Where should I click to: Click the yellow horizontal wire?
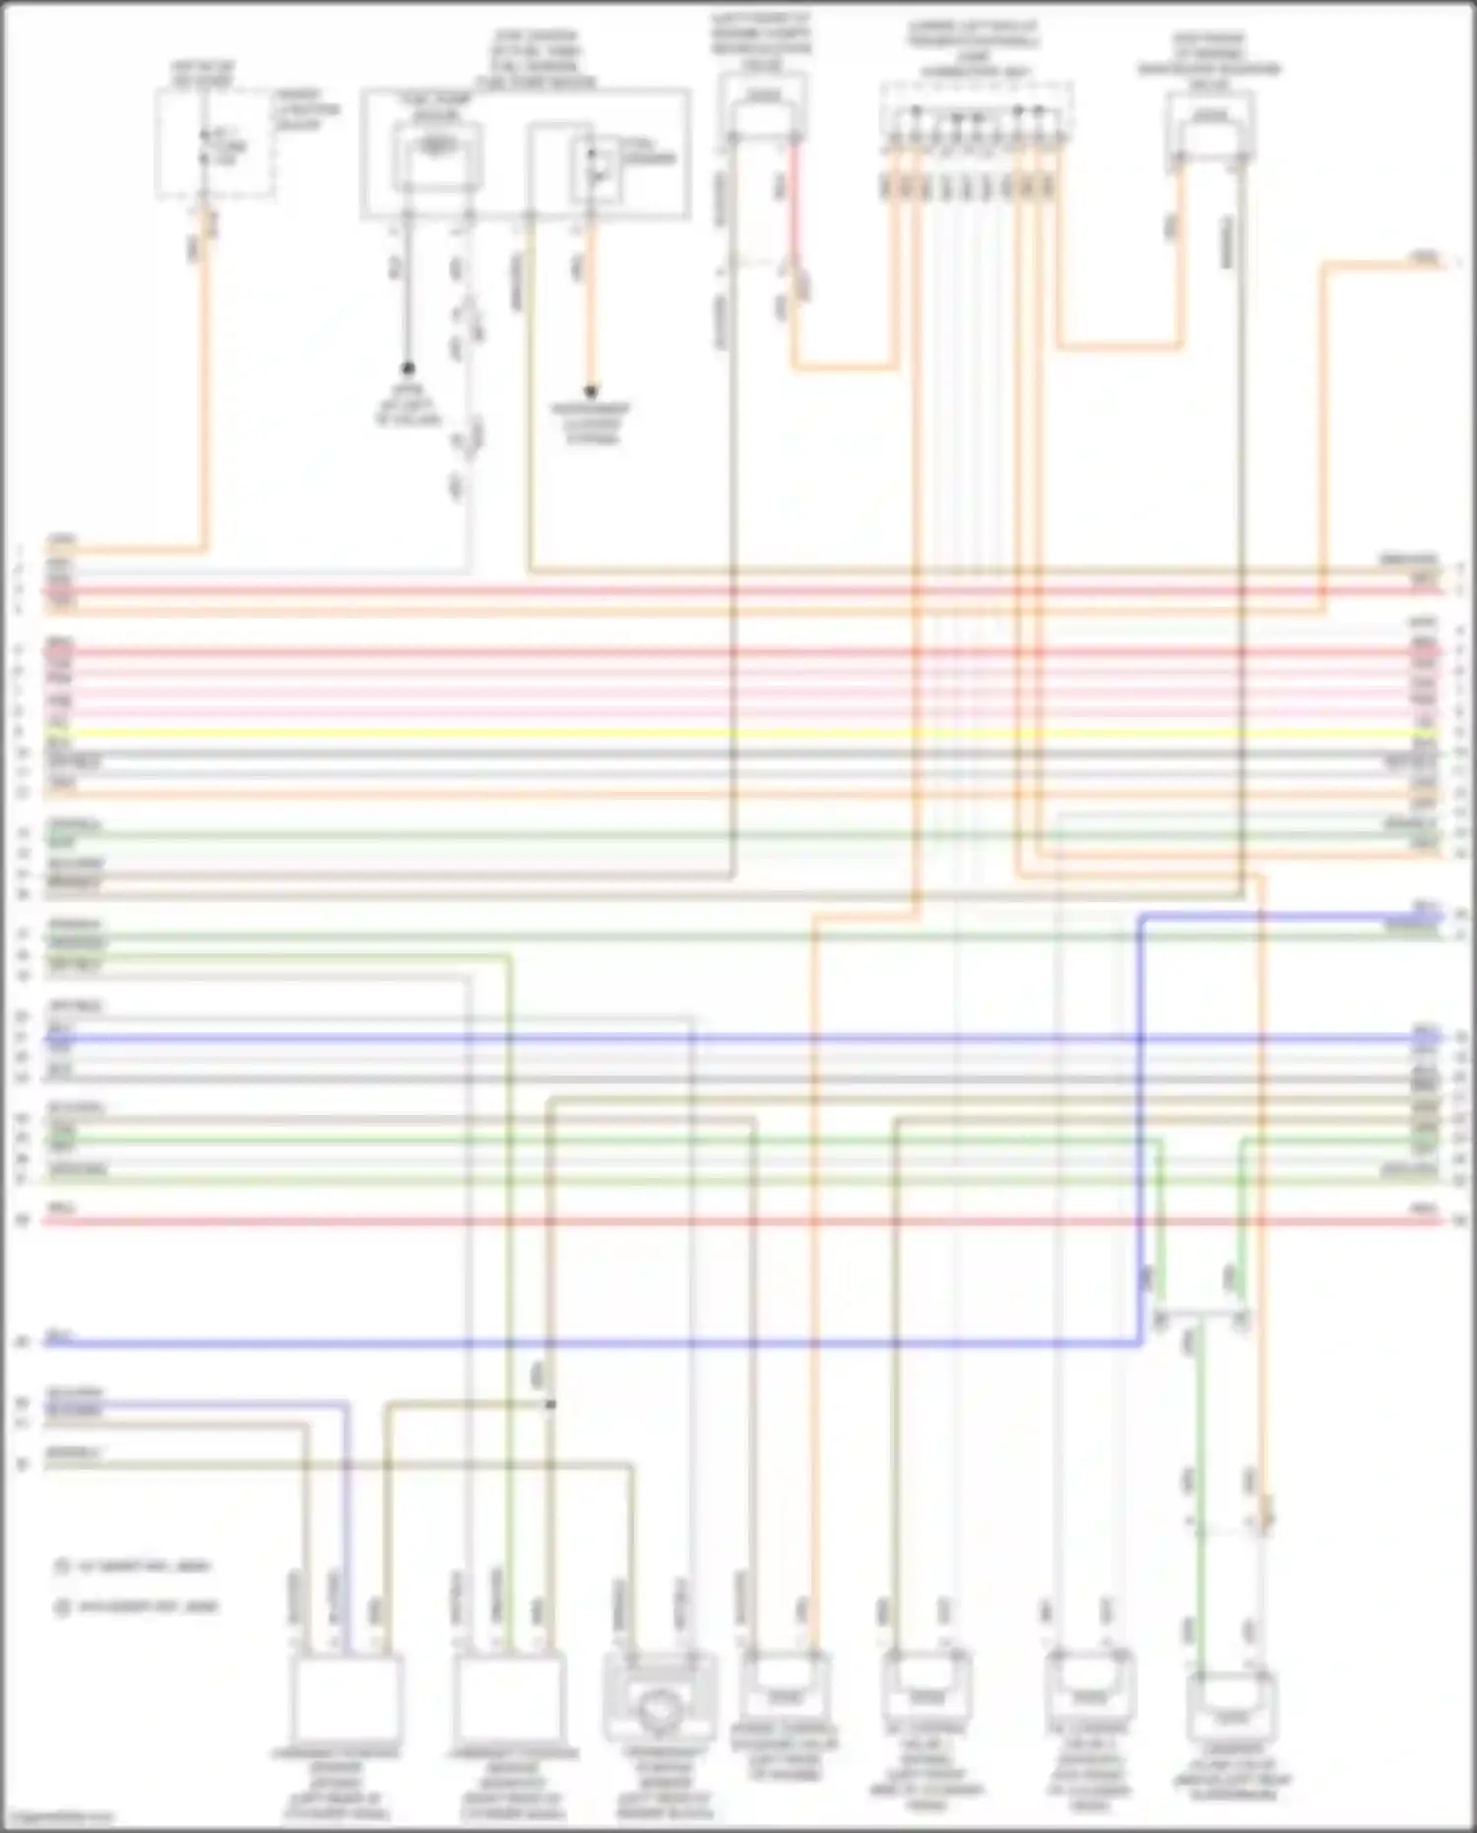coord(738,734)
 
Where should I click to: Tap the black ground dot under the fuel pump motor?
coord(407,369)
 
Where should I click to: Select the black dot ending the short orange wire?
coord(591,391)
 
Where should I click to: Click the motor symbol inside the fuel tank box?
coord(436,148)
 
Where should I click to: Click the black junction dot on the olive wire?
coord(550,1404)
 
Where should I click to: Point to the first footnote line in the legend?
coord(138,1566)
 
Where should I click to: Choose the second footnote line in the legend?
coord(138,1607)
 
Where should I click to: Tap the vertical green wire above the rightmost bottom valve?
coord(1199,1477)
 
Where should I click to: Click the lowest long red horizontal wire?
coord(738,1221)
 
